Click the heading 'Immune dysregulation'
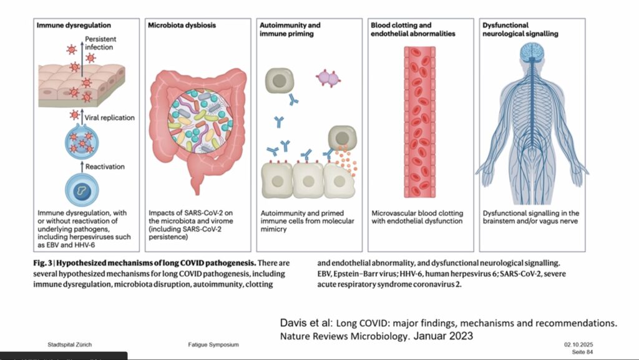pyautogui.click(x=74, y=26)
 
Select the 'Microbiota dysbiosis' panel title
pyautogui.click(x=182, y=26)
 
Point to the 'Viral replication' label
pyautogui.click(x=109, y=117)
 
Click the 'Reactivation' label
pyautogui.click(x=105, y=167)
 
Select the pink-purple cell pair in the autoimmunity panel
pyautogui.click(x=328, y=78)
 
